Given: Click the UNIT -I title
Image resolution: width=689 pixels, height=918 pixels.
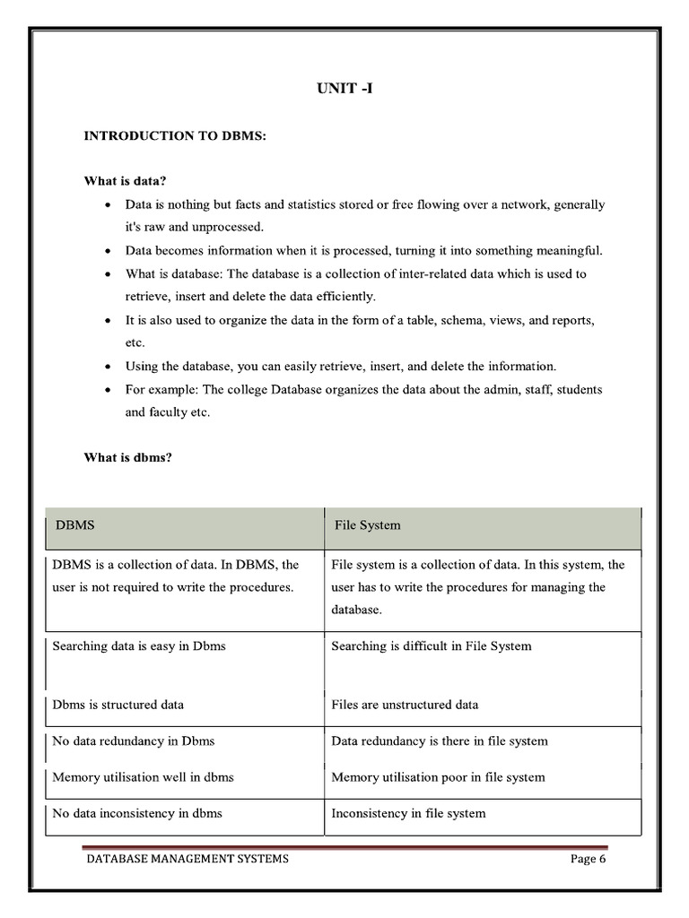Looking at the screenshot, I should point(344,89).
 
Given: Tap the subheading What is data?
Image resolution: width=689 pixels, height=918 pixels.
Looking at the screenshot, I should point(126,181).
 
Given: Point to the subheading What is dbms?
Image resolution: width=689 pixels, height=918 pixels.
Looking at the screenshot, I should point(128,457).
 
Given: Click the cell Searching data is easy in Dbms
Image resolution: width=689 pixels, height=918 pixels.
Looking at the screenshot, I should point(139,645).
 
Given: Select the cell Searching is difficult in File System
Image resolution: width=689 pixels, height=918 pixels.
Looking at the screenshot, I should point(431,645).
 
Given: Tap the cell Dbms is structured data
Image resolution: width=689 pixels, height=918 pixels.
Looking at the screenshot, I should point(118,705).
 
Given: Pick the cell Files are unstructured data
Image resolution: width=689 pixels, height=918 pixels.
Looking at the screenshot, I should point(405,705).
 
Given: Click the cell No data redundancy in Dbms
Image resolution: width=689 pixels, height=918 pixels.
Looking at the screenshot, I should point(134,741).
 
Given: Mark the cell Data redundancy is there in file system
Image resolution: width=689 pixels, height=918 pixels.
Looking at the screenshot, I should point(439,741).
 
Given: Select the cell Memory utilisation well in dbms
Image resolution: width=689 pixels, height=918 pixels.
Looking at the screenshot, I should point(143,777).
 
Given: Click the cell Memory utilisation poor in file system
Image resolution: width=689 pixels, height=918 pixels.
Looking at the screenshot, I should point(438,777).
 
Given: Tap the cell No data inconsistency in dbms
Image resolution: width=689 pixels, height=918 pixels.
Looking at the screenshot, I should point(137,813).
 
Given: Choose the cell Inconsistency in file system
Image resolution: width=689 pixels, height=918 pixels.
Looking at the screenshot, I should point(408,813).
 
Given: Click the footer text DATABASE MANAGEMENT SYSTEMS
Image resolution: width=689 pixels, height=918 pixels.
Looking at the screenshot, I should point(188,859).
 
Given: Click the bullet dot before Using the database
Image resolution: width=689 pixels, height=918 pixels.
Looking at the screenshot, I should point(108,368).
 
